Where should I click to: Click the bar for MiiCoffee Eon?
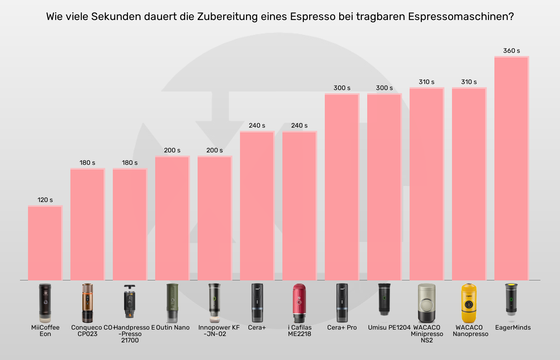coord(45,243)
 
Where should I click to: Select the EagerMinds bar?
coord(512,168)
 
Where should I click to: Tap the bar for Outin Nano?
coord(172,218)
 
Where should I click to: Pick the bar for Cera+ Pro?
coord(342,187)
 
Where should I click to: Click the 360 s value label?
coord(512,51)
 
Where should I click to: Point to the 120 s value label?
coord(45,200)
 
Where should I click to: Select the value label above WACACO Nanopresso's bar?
coord(469,82)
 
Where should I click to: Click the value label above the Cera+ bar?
coord(257,126)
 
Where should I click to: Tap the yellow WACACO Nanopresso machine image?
coord(469,303)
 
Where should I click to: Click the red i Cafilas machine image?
coord(299,303)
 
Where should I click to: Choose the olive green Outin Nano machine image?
coord(172,303)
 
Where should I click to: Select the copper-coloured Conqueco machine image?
coord(87,303)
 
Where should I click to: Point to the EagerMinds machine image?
coord(511,302)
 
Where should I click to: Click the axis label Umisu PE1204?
coord(389,328)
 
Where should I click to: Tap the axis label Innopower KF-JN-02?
coord(219,331)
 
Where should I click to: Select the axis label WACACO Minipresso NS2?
coord(427,334)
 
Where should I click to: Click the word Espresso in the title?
coord(312,17)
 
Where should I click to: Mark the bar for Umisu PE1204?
coord(384,187)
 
